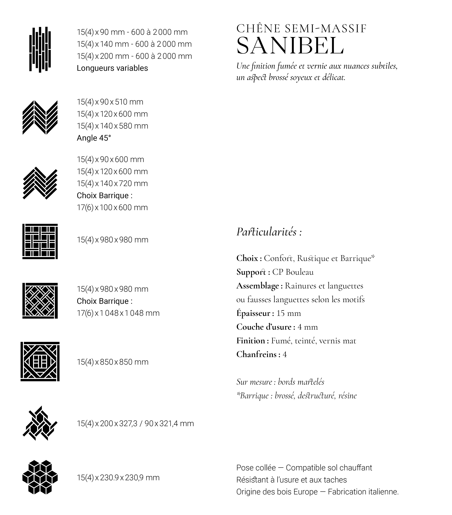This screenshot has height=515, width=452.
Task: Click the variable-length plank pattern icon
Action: point(40,50)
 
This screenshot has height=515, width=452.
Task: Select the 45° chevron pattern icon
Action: point(40,117)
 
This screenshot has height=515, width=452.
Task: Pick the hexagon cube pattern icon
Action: point(40,477)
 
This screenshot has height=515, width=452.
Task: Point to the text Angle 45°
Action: point(94,138)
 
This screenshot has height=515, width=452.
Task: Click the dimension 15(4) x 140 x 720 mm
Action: point(112,183)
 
